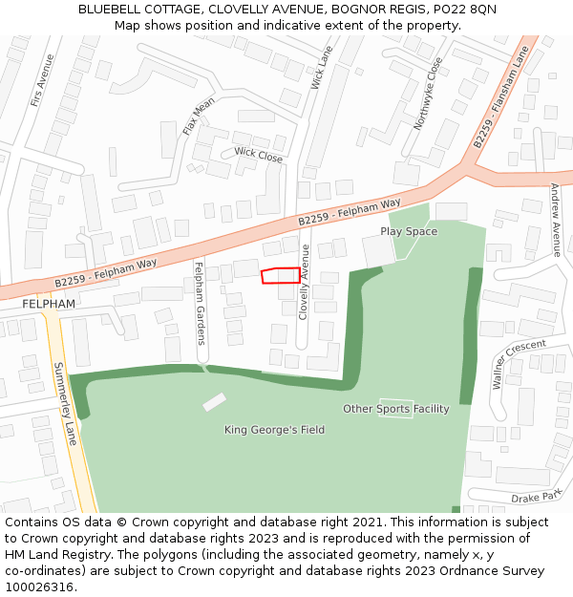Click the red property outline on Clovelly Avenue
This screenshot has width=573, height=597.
click(x=280, y=275)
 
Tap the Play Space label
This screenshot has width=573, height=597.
click(x=409, y=231)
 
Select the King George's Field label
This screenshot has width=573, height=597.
click(x=274, y=430)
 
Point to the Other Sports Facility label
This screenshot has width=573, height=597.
click(x=396, y=409)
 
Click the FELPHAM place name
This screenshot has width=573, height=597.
click(x=49, y=303)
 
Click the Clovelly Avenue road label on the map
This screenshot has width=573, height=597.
click(x=305, y=281)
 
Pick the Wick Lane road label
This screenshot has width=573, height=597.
click(x=322, y=68)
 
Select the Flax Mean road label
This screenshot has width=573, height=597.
click(x=199, y=116)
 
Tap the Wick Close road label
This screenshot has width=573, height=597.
click(x=258, y=155)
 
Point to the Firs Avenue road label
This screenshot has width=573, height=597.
click(x=42, y=79)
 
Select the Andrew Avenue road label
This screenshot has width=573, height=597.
click(x=556, y=220)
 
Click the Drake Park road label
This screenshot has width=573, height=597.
click(x=537, y=498)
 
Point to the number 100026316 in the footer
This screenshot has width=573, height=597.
click(x=41, y=586)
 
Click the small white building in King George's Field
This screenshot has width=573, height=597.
click(x=215, y=402)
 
